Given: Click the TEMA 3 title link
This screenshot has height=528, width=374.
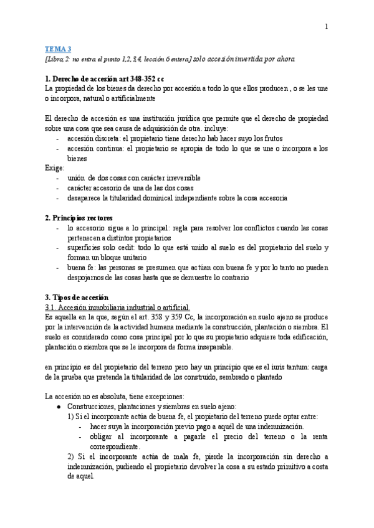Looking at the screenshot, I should pos(59,49).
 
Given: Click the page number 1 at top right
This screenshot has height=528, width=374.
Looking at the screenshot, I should pos(326,26).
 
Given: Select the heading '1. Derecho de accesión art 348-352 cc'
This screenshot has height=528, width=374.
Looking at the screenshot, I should pos(105,79).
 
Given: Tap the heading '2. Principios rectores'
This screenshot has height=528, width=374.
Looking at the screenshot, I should pos(79,219).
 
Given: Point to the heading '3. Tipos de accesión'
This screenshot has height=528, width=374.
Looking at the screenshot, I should pos(77,297).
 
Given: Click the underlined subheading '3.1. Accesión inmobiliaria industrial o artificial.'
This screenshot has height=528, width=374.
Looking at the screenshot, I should pos(117,307).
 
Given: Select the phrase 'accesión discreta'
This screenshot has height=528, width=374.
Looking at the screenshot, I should pos(93,139).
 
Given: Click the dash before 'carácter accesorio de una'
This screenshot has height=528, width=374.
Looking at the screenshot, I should pos(59,188).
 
